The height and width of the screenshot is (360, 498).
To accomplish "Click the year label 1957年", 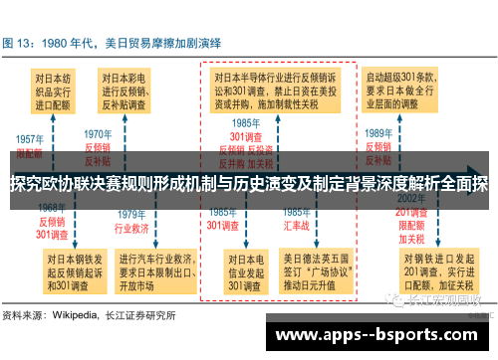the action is click(29, 140).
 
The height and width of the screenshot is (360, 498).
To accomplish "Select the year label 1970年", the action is click(98, 133).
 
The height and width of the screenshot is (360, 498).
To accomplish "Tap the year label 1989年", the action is click(377, 133).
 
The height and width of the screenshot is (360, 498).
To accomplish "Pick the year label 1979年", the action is click(133, 214).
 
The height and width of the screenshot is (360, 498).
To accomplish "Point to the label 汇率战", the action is click(296, 226).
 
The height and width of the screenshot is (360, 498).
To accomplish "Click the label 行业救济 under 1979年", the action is click(133, 227).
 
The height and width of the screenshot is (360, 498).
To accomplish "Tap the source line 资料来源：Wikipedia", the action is click(90, 316).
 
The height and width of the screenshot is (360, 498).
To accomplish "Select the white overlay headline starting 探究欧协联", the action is click(249, 185).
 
